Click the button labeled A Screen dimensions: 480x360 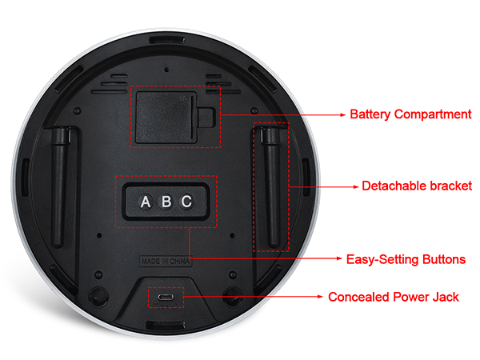click(x=146, y=202)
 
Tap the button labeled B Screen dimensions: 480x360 click(x=166, y=202)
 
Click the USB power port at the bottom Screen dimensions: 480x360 click(x=166, y=297)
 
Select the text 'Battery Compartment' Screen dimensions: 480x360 click(x=410, y=114)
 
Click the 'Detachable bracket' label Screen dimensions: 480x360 click(x=417, y=186)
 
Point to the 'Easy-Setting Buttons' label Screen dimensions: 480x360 click(x=406, y=259)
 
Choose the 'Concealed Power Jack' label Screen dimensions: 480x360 click(x=394, y=297)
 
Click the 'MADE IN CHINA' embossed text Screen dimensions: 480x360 click(x=166, y=262)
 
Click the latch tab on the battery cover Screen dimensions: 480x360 click(x=206, y=117)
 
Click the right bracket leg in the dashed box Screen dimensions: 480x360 click(x=270, y=187)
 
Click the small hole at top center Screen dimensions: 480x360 click(x=166, y=70)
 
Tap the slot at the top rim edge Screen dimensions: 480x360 click(x=167, y=41)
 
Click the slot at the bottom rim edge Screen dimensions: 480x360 click(x=166, y=325)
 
